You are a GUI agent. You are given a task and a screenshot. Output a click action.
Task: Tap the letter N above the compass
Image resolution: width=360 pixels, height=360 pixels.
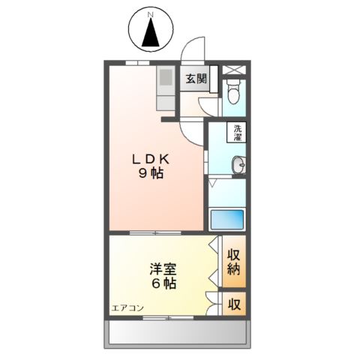click(x=150, y=14)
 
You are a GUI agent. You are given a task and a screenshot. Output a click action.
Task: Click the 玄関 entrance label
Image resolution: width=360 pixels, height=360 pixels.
click(x=196, y=79)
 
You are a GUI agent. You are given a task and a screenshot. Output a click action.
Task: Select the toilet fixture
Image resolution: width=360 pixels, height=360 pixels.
click(x=233, y=93)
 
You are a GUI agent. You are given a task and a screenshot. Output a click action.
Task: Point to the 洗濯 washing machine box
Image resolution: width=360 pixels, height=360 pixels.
click(x=236, y=133)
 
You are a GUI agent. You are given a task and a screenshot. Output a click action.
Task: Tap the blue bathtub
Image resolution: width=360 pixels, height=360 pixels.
click(x=227, y=220)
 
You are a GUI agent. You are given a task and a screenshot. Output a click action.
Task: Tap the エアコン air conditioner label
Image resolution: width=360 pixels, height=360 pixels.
click(x=127, y=308)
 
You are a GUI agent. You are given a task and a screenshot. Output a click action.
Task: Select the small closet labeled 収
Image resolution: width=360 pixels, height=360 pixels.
click(x=234, y=304)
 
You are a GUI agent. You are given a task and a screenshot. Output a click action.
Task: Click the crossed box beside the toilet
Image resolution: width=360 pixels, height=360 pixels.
click(x=233, y=70)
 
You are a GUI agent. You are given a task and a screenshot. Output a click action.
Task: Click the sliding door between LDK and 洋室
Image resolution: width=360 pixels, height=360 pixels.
click(x=156, y=232)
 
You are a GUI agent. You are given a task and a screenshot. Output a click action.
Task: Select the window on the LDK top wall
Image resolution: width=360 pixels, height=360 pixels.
click(x=136, y=61)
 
